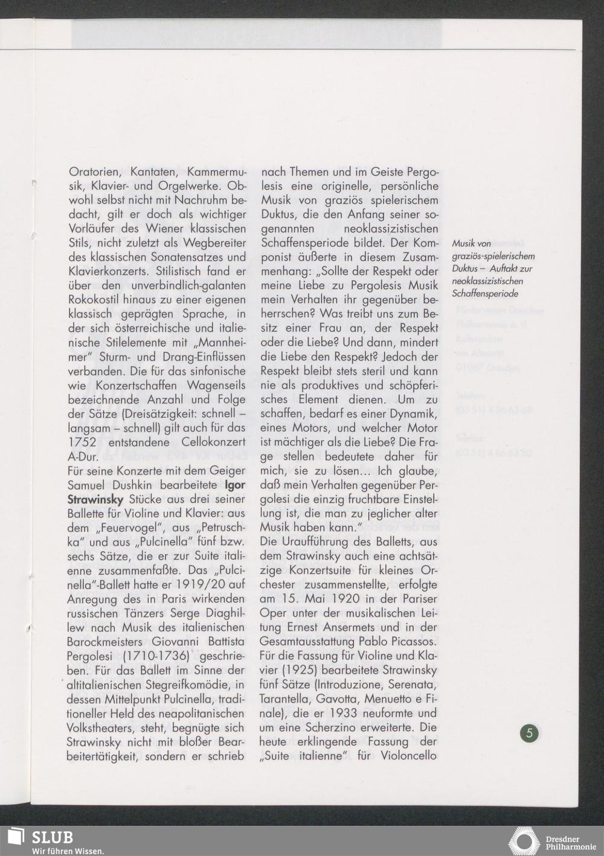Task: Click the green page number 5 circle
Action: [x=529, y=733]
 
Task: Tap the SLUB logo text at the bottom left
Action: [x=52, y=837]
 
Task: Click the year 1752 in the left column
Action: [x=82, y=442]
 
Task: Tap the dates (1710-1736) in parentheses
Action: [x=156, y=656]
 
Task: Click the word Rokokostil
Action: [x=97, y=299]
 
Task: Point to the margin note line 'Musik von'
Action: [x=472, y=243]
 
